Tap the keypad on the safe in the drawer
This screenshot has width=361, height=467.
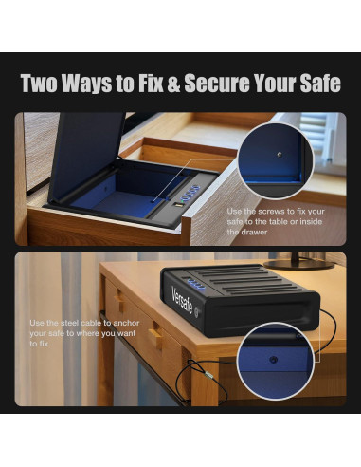click(x=188, y=196)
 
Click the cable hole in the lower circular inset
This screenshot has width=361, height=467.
click(x=275, y=360)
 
